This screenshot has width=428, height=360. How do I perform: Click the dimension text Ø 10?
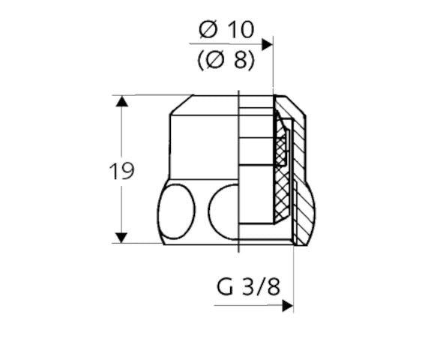226,30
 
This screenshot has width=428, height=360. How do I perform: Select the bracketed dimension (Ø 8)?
226,61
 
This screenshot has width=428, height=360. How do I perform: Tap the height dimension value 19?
121,171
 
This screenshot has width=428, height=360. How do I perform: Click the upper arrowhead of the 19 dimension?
121,100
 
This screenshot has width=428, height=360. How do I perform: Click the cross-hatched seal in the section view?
282,172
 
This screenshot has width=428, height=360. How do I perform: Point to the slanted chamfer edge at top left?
181,104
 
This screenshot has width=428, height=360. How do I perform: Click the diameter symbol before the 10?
208,30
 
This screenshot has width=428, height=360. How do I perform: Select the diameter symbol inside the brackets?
215,61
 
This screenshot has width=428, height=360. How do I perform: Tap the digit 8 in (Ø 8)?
239,61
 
